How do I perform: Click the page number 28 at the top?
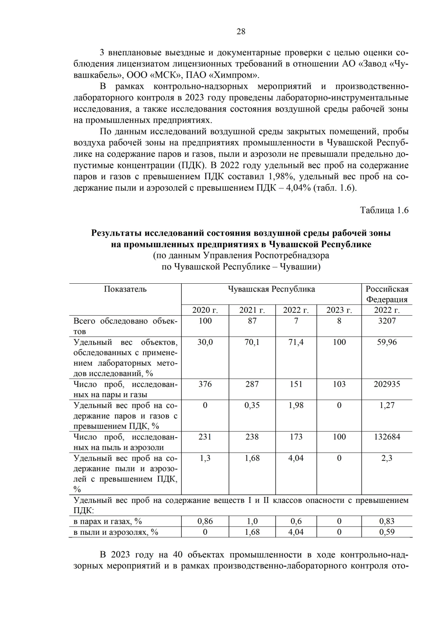click(x=241, y=32)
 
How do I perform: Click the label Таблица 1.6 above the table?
click(x=384, y=210)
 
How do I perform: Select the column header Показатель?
click(x=125, y=289)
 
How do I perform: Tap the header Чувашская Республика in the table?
click(x=271, y=289)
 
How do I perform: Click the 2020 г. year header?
click(x=205, y=310)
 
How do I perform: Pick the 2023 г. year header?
click(x=339, y=310)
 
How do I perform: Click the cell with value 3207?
click(x=387, y=321)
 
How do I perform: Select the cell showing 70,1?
click(x=252, y=342)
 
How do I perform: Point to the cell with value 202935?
click(x=387, y=384)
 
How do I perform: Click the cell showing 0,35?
click(x=252, y=405)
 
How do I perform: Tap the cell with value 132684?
click(x=387, y=437)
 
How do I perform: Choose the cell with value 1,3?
click(x=205, y=458)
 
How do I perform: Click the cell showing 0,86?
click(x=205, y=521)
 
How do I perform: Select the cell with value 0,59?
click(x=387, y=532)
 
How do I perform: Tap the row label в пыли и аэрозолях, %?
click(x=116, y=532)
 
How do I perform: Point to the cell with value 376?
click(x=205, y=384)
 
